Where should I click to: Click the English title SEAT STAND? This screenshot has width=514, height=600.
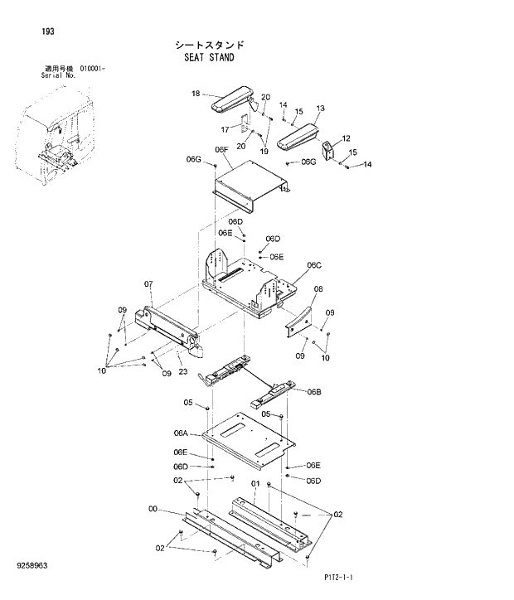(209, 58)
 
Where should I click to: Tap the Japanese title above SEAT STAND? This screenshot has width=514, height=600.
(209, 45)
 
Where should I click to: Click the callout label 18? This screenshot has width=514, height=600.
(196, 94)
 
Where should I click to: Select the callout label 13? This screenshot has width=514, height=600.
(320, 109)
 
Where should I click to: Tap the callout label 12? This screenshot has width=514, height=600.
(346, 138)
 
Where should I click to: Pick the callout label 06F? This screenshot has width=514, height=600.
(221, 150)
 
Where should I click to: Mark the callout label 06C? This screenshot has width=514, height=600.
(313, 265)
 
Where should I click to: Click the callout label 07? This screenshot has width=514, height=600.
(148, 284)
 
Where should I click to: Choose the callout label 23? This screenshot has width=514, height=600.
(182, 371)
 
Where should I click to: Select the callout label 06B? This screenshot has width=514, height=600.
(313, 391)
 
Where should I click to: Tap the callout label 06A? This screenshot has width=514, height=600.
(181, 433)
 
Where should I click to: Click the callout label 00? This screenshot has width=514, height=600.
(153, 508)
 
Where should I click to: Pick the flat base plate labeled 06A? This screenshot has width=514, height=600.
(249, 440)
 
